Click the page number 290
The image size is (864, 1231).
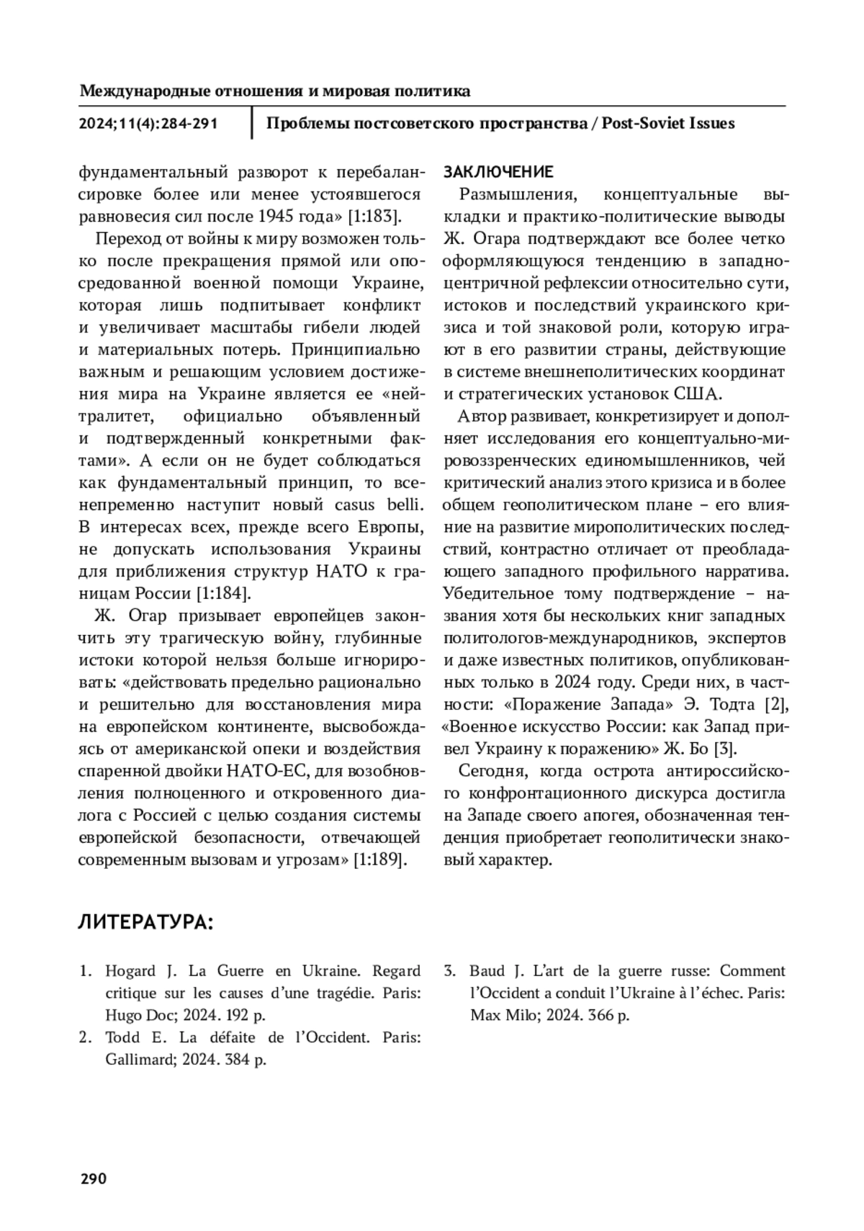[x=93, y=1178]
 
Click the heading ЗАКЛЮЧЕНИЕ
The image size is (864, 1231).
[x=498, y=172]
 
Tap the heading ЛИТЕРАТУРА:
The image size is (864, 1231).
[x=145, y=922]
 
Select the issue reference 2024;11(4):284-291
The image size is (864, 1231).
[x=148, y=124]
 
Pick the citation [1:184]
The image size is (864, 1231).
[x=223, y=594]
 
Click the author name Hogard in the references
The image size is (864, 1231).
[x=130, y=971]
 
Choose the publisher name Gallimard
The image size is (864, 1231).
[x=138, y=1060]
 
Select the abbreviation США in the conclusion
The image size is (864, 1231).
[x=698, y=394]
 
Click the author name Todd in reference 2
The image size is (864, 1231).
[x=122, y=1038]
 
